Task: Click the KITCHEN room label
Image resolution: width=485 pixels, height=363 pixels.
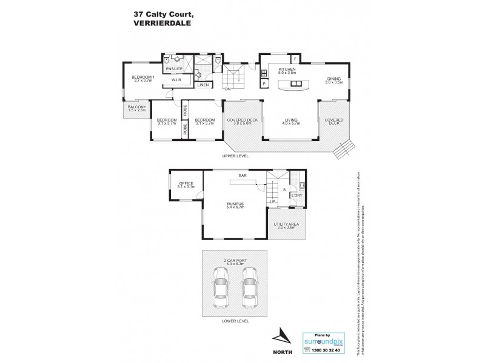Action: [287, 70]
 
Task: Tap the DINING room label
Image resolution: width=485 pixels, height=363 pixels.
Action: [335, 78]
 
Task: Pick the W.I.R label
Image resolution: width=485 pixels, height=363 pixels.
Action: [177, 79]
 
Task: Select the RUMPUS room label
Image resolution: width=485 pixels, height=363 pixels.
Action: [236, 203]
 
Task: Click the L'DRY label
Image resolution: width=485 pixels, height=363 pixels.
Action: [297, 195]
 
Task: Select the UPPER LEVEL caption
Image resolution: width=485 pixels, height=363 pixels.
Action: [236, 155]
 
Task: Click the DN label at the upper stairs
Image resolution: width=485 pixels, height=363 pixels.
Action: [228, 89]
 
